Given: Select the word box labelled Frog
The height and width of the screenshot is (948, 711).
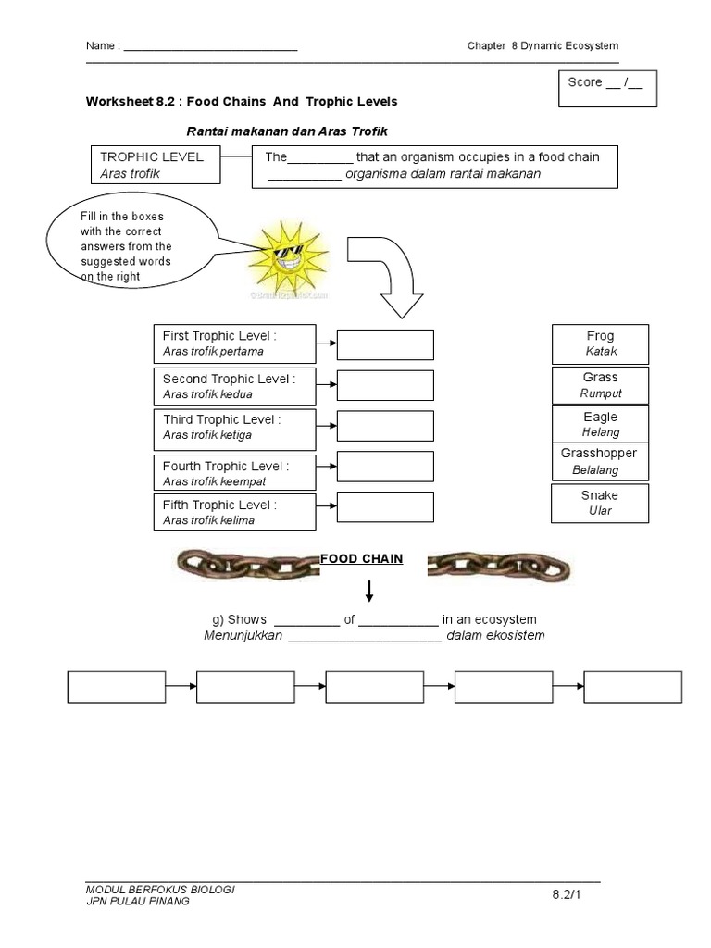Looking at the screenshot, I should (x=600, y=343).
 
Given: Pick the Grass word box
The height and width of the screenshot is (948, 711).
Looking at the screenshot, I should (x=600, y=384).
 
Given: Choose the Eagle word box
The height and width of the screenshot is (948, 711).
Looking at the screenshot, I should (x=600, y=424).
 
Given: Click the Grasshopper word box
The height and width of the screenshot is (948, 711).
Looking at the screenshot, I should (x=600, y=461).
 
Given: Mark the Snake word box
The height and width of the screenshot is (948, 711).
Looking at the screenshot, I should (x=600, y=502).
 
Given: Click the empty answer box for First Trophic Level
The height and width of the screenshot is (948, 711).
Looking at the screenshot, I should (x=385, y=343).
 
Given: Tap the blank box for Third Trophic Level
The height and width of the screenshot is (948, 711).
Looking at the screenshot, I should (x=385, y=426).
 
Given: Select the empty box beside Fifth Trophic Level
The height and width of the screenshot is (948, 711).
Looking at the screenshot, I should (x=385, y=507).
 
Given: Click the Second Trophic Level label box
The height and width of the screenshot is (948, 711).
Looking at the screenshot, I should (x=235, y=386).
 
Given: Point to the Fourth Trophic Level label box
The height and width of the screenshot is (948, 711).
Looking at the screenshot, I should (x=235, y=472).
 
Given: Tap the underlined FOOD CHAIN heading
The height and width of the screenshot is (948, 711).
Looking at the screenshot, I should (x=361, y=558).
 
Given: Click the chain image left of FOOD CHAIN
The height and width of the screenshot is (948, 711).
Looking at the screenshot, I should (x=246, y=562).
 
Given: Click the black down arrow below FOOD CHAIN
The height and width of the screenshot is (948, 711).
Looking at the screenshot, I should (x=368, y=591).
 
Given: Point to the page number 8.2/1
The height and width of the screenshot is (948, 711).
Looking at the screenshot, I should (x=567, y=893).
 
